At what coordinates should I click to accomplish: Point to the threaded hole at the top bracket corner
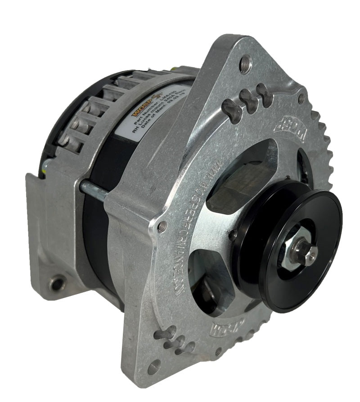245,64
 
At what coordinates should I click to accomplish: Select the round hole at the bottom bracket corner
154,367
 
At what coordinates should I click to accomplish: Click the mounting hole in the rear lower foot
57,283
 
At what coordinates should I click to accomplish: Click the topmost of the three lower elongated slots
165,334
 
